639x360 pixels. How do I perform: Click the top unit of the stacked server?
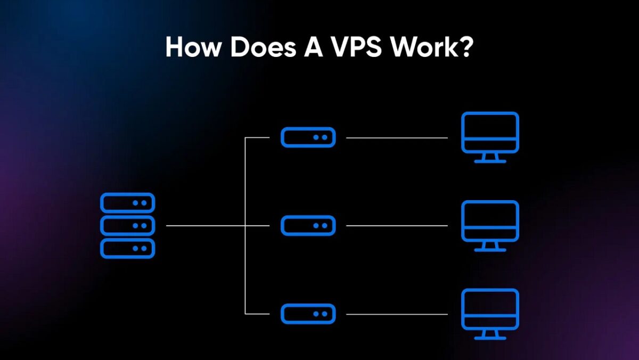(127, 203)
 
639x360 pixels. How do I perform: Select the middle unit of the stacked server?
(127, 226)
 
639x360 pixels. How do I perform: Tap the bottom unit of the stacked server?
(127, 249)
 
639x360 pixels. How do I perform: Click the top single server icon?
(308, 137)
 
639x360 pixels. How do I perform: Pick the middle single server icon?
(308, 226)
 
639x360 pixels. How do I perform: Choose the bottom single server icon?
(308, 314)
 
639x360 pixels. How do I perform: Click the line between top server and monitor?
(397, 137)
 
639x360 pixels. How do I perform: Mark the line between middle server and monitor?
(397, 226)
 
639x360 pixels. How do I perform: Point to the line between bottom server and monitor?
(397, 314)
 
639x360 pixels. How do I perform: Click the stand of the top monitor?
(489, 158)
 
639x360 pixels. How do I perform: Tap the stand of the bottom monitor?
(489, 335)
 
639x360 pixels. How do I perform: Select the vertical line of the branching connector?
(245, 181)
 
